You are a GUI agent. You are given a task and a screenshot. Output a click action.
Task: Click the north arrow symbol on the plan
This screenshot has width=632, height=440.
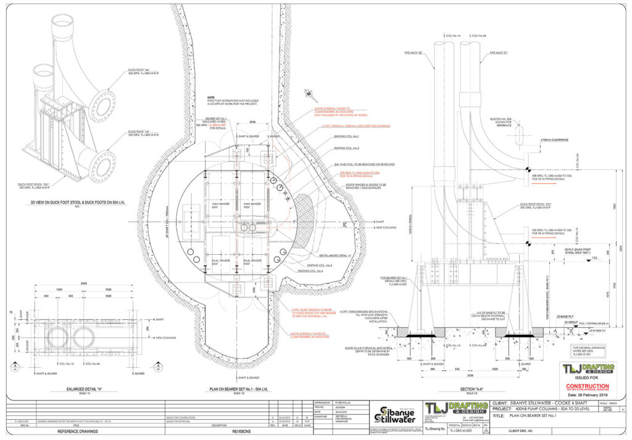(x=307, y=93)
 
